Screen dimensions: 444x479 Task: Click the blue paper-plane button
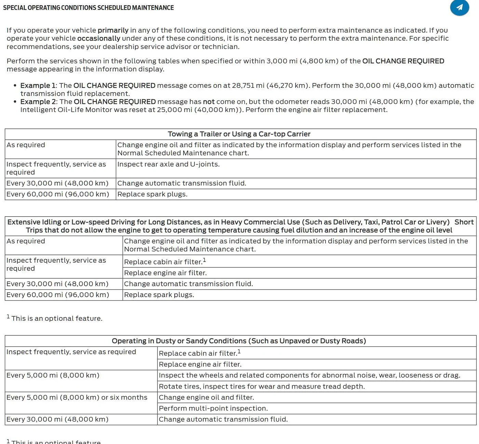tap(459, 7)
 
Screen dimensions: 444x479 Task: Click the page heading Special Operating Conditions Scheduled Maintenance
tap(88, 8)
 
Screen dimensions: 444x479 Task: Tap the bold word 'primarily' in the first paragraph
tap(113, 30)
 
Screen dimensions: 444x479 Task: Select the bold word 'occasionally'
tap(99, 38)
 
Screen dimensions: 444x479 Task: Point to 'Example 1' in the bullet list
tap(38, 85)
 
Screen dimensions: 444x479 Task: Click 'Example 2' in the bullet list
tap(38, 101)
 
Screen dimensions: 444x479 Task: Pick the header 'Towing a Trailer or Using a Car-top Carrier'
tap(239, 134)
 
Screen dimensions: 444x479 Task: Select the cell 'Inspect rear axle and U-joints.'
tap(168, 164)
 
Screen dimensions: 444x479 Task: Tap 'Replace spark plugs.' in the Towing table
tap(152, 194)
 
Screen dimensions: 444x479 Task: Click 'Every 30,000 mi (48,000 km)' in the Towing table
tap(57, 183)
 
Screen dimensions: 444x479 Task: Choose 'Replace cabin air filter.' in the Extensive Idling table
tap(163, 262)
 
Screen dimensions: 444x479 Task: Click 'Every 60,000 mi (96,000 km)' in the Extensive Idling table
tap(58, 295)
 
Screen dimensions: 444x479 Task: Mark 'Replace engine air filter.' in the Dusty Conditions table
tap(200, 364)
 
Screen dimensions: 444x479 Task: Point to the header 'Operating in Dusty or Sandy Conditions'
tap(239, 341)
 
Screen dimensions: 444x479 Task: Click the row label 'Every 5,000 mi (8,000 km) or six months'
tap(77, 398)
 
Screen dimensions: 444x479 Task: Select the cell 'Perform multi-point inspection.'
tap(213, 408)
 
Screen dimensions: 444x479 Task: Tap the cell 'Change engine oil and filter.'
tap(206, 398)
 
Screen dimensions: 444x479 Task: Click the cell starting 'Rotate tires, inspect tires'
tap(262, 387)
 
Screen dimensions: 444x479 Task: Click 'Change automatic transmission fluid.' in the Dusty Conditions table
tap(223, 419)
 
